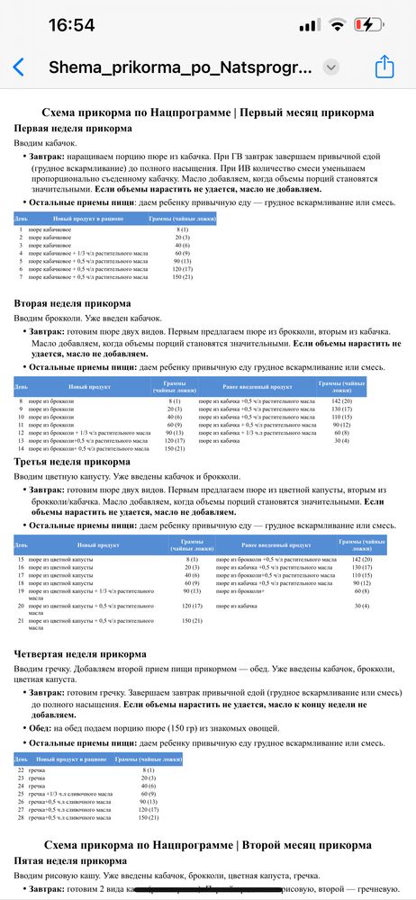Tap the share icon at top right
coord(384,67)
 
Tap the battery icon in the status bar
coord(370,23)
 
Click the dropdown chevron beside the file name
coord(331,67)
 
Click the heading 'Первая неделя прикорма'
coord(73,129)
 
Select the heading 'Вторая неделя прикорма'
coord(72,304)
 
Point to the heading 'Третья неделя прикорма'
coord(71,462)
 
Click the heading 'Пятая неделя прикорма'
coord(69,861)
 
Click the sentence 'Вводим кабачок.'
coord(50,143)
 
